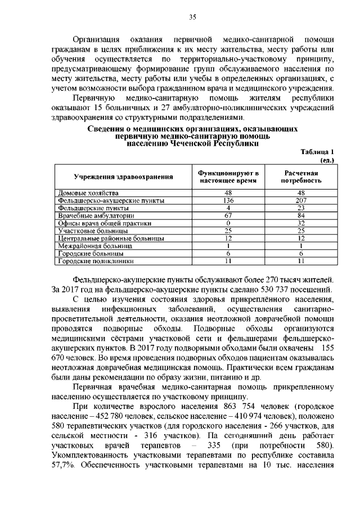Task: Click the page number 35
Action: [x=191, y=17]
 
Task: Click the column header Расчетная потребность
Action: [x=301, y=177]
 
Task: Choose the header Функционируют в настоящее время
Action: [x=228, y=177]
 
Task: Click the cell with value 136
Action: [x=228, y=200]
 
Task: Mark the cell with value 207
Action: [x=301, y=200]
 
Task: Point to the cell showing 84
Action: [x=301, y=215]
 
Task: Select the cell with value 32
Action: [x=301, y=223]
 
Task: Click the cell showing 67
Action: [x=228, y=215]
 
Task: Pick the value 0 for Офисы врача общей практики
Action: [x=228, y=223]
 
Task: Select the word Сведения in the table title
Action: [x=107, y=129]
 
